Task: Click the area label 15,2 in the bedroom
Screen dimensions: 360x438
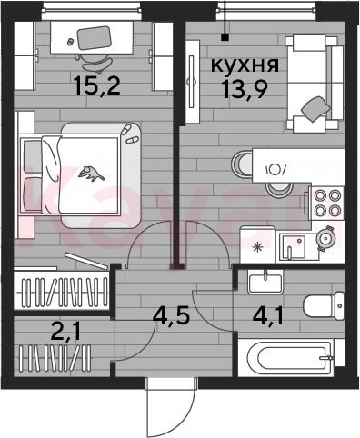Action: click(97, 85)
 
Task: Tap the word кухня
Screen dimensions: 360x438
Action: click(245, 65)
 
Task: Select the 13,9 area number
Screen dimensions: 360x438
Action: click(245, 89)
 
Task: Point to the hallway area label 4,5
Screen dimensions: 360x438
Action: click(171, 316)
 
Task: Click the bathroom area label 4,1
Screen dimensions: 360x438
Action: click(268, 316)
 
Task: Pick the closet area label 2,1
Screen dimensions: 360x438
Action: click(65, 333)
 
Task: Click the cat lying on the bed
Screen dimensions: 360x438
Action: click(91, 174)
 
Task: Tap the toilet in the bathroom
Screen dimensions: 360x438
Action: click(324, 305)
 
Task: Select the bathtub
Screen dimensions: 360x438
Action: click(287, 358)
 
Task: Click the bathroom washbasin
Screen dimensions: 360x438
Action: click(265, 282)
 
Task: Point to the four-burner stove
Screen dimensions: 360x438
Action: click(326, 203)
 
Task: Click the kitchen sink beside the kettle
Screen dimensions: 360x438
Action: click(293, 247)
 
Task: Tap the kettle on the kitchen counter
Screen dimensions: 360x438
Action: click(325, 238)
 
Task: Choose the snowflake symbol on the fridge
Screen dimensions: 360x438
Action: click(258, 248)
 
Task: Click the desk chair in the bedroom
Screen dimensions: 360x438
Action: click(94, 62)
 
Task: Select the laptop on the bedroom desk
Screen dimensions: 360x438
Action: click(94, 38)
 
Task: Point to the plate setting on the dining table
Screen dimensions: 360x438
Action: click(275, 170)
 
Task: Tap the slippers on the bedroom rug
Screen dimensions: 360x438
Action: click(128, 135)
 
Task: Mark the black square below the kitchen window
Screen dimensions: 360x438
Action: click(225, 37)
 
